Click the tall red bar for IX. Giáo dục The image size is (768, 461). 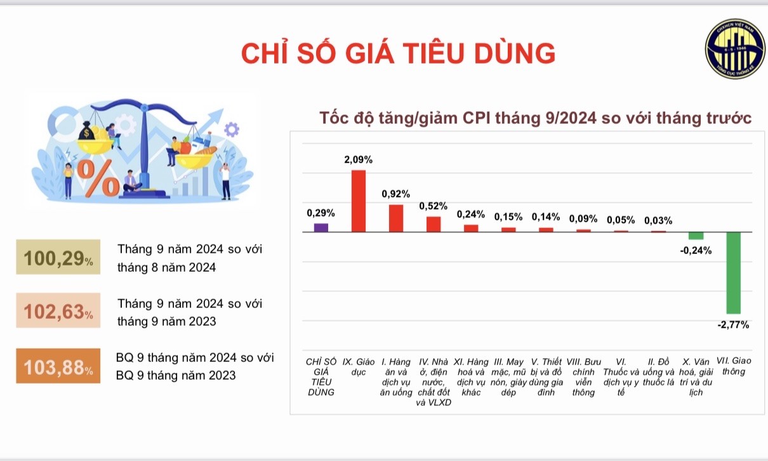(359, 201)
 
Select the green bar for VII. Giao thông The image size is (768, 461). (734, 272)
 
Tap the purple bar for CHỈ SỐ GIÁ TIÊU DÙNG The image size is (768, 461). (321, 227)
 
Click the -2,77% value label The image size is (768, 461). (733, 325)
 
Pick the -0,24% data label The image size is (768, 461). (696, 250)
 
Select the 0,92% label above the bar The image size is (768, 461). (396, 194)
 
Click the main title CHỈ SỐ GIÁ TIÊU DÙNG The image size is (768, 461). (398, 53)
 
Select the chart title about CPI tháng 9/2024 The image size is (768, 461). (536, 118)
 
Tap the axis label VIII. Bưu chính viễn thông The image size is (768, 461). (583, 377)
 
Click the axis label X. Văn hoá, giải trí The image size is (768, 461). (696, 377)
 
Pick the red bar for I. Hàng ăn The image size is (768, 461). (396, 218)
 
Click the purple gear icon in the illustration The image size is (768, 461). (232, 130)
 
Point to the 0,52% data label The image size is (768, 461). (434, 206)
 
